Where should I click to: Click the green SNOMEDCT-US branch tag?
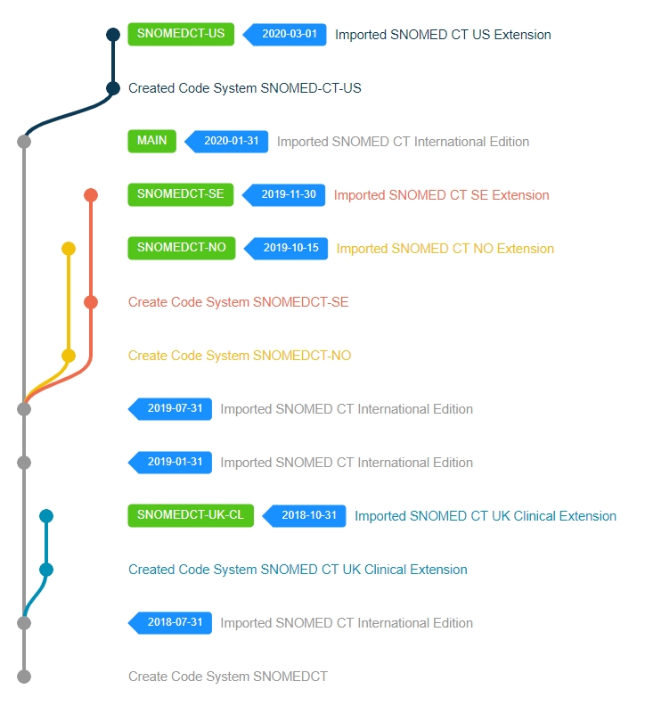(x=182, y=35)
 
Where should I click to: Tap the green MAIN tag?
(x=152, y=142)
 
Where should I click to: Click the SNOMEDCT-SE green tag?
(x=181, y=195)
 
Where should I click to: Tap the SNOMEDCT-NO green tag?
(x=182, y=249)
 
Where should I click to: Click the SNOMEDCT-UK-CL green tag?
(x=191, y=516)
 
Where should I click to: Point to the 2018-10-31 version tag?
(x=306, y=516)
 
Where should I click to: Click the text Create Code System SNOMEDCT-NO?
(x=240, y=356)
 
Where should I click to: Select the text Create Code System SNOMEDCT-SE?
(x=238, y=302)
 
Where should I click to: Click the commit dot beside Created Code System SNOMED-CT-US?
(x=113, y=88)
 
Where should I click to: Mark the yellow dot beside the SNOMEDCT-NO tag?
(x=69, y=249)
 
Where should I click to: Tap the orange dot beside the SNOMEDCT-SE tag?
(x=91, y=195)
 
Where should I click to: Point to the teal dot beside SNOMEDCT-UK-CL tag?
(x=46, y=516)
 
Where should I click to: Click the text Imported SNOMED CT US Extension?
(x=443, y=35)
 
